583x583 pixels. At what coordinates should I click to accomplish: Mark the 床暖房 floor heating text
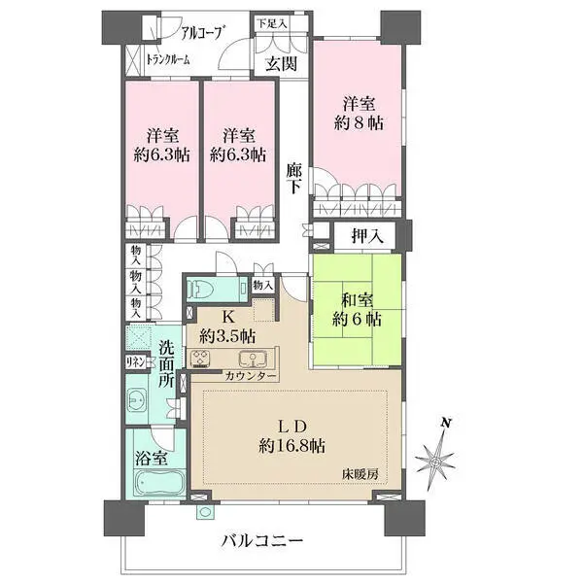click(x=358, y=473)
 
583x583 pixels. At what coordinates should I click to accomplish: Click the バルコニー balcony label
click(x=262, y=539)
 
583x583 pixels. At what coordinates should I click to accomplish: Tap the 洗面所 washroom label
click(x=167, y=364)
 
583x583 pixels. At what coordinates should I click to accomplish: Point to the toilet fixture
click(x=201, y=290)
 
